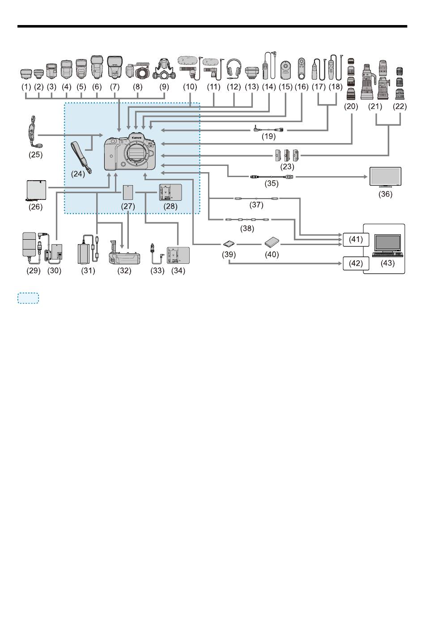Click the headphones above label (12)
(x=234, y=69)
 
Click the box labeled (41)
(x=356, y=240)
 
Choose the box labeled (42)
(x=356, y=263)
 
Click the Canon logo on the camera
(x=136, y=138)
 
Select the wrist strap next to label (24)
(x=81, y=158)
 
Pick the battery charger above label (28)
(x=170, y=192)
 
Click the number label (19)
(x=268, y=136)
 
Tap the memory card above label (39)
(x=229, y=244)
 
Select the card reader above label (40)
(x=272, y=242)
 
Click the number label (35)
(x=271, y=183)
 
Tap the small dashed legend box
(x=28, y=298)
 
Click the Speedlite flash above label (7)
(x=115, y=68)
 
